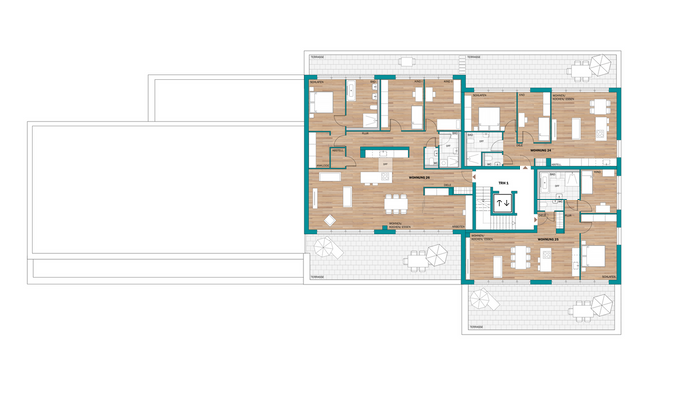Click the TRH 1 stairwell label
tap(503, 185)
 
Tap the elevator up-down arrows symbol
tap(502, 203)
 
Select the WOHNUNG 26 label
tap(421, 176)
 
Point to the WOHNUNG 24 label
tap(541, 150)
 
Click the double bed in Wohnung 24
tap(490, 117)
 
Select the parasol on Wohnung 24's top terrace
tap(600, 66)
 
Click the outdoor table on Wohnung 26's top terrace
tap(406, 61)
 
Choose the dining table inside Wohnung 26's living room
tap(397, 201)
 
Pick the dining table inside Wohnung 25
tap(517, 256)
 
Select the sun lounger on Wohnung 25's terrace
tap(483, 299)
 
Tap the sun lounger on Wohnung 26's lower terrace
tap(325, 247)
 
